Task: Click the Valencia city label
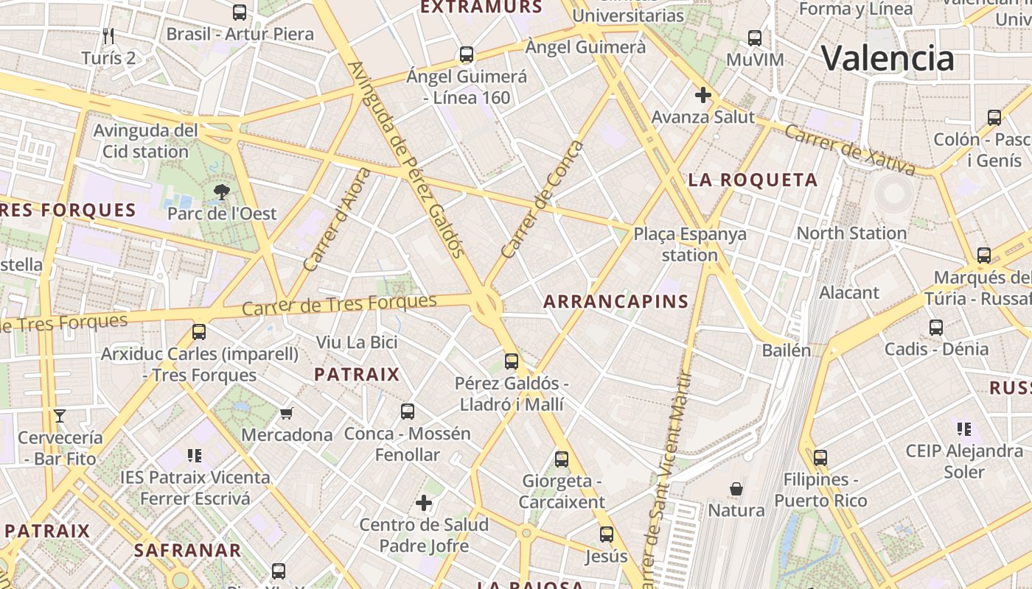888,58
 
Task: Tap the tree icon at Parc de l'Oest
221,193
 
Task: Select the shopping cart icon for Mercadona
287,414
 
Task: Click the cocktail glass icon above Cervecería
60,416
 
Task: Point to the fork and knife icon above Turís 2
108,35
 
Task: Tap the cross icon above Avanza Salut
703,95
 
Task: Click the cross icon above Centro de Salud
424,504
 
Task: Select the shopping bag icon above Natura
736,489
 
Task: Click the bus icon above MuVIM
754,38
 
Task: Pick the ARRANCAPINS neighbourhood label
616,301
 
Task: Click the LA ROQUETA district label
753,180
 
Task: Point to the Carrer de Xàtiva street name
849,149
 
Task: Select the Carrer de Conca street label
542,200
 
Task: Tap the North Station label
851,233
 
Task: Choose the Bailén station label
787,350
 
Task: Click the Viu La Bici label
357,342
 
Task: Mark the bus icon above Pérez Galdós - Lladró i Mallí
512,361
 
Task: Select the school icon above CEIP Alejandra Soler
963,428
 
